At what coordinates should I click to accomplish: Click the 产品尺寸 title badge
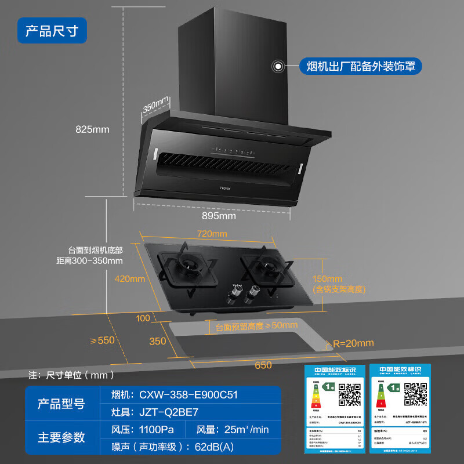(x=52, y=30)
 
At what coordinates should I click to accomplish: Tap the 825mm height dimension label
(x=92, y=129)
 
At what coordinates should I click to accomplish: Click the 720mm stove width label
(x=212, y=234)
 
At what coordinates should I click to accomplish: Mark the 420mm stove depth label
(x=129, y=278)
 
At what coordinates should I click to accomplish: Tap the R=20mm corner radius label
(x=353, y=343)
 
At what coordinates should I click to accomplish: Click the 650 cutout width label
(x=263, y=365)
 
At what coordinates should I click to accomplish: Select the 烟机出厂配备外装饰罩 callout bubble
(x=360, y=67)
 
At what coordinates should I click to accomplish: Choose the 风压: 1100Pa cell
(x=142, y=430)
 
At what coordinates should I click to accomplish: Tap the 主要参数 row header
(x=61, y=437)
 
